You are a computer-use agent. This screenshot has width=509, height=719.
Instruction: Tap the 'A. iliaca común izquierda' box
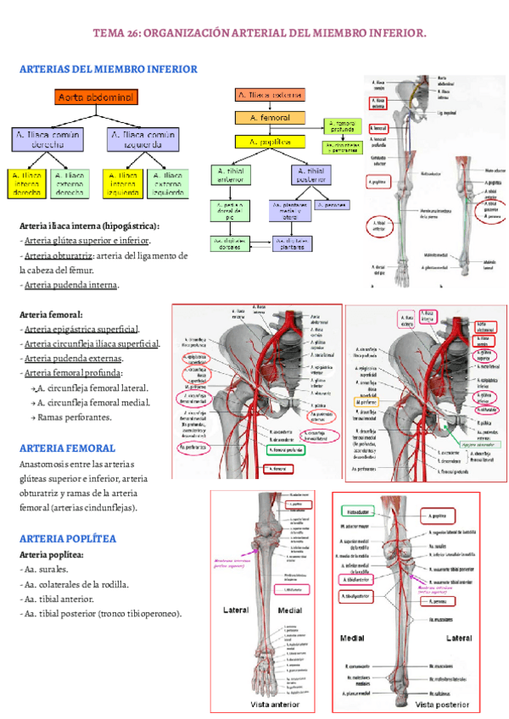[x=143, y=139]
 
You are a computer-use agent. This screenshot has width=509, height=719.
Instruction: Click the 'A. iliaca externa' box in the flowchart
[x=269, y=96]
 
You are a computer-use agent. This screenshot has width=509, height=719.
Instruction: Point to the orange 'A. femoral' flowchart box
[x=269, y=118]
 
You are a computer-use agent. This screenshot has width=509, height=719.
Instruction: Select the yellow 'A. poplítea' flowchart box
[x=269, y=142]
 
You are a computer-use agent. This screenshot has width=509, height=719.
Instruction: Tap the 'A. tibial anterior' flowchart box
[x=232, y=176]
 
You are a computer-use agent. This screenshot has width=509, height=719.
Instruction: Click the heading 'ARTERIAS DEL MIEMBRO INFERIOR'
[x=108, y=68]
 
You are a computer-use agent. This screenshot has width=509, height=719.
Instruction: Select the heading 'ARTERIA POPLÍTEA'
[x=67, y=538]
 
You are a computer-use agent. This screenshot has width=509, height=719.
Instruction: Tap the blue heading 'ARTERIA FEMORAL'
[x=67, y=447]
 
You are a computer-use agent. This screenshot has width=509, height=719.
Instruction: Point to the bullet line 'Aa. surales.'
[x=47, y=569]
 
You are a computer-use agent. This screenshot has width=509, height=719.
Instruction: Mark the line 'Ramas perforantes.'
[x=76, y=418]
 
